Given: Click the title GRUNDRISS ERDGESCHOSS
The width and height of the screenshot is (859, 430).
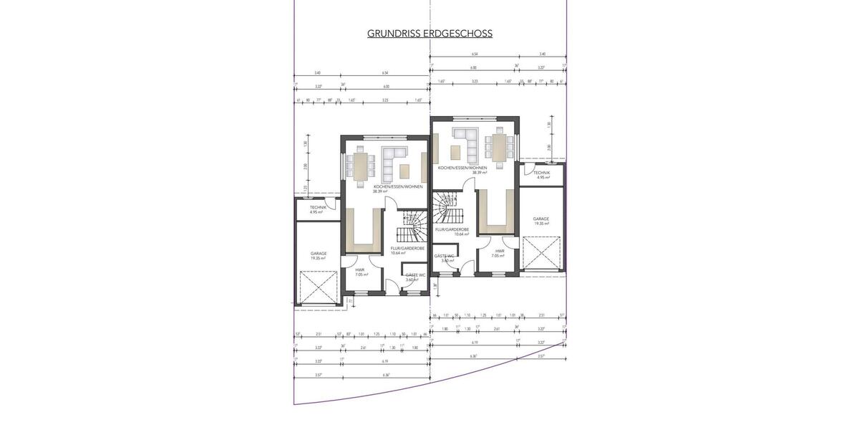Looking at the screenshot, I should coord(429,34).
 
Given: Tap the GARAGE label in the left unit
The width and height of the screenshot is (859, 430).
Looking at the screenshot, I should coord(319,253).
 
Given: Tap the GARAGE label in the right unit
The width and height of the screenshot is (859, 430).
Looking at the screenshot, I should coord(540,219).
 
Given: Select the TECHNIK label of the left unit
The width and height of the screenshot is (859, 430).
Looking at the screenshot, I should coord(318,208).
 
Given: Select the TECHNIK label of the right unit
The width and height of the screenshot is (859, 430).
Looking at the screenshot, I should coord(542,173).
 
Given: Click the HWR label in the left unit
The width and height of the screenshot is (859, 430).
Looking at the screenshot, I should coord(360,270).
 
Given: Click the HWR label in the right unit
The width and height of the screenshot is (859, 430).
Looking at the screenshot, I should coord(499,251).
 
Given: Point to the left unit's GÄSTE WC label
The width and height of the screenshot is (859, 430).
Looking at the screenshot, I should coord(415,275).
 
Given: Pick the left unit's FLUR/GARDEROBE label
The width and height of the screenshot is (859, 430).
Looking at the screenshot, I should coord(407,248).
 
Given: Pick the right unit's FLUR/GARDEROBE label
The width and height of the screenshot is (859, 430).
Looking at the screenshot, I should coord(452,229).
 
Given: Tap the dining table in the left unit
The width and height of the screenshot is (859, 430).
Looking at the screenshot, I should coord(360,166).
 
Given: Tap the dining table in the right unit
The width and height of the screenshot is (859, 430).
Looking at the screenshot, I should coord(499,148).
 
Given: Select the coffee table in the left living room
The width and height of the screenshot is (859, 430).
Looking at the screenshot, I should coord(405,171).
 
